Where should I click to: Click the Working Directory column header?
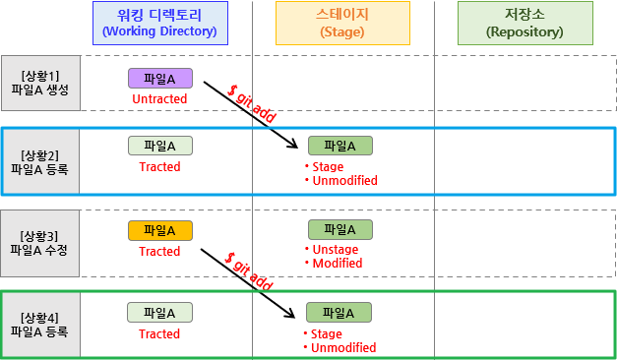point(159,23)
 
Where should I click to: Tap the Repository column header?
point(524,23)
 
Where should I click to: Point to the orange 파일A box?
point(159,230)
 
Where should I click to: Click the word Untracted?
point(159,99)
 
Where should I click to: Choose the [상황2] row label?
point(39,161)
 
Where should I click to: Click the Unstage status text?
point(336,250)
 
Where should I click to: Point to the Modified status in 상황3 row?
point(337,264)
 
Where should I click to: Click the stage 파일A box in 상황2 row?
point(340,146)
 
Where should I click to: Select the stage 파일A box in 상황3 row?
point(340,229)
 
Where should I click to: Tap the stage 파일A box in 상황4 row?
point(339,313)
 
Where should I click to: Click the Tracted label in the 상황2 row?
point(159,167)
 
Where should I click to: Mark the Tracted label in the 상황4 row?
point(159,334)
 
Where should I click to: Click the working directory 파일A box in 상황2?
point(159,146)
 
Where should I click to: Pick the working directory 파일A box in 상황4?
point(159,313)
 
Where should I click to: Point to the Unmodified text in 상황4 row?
point(343,348)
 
